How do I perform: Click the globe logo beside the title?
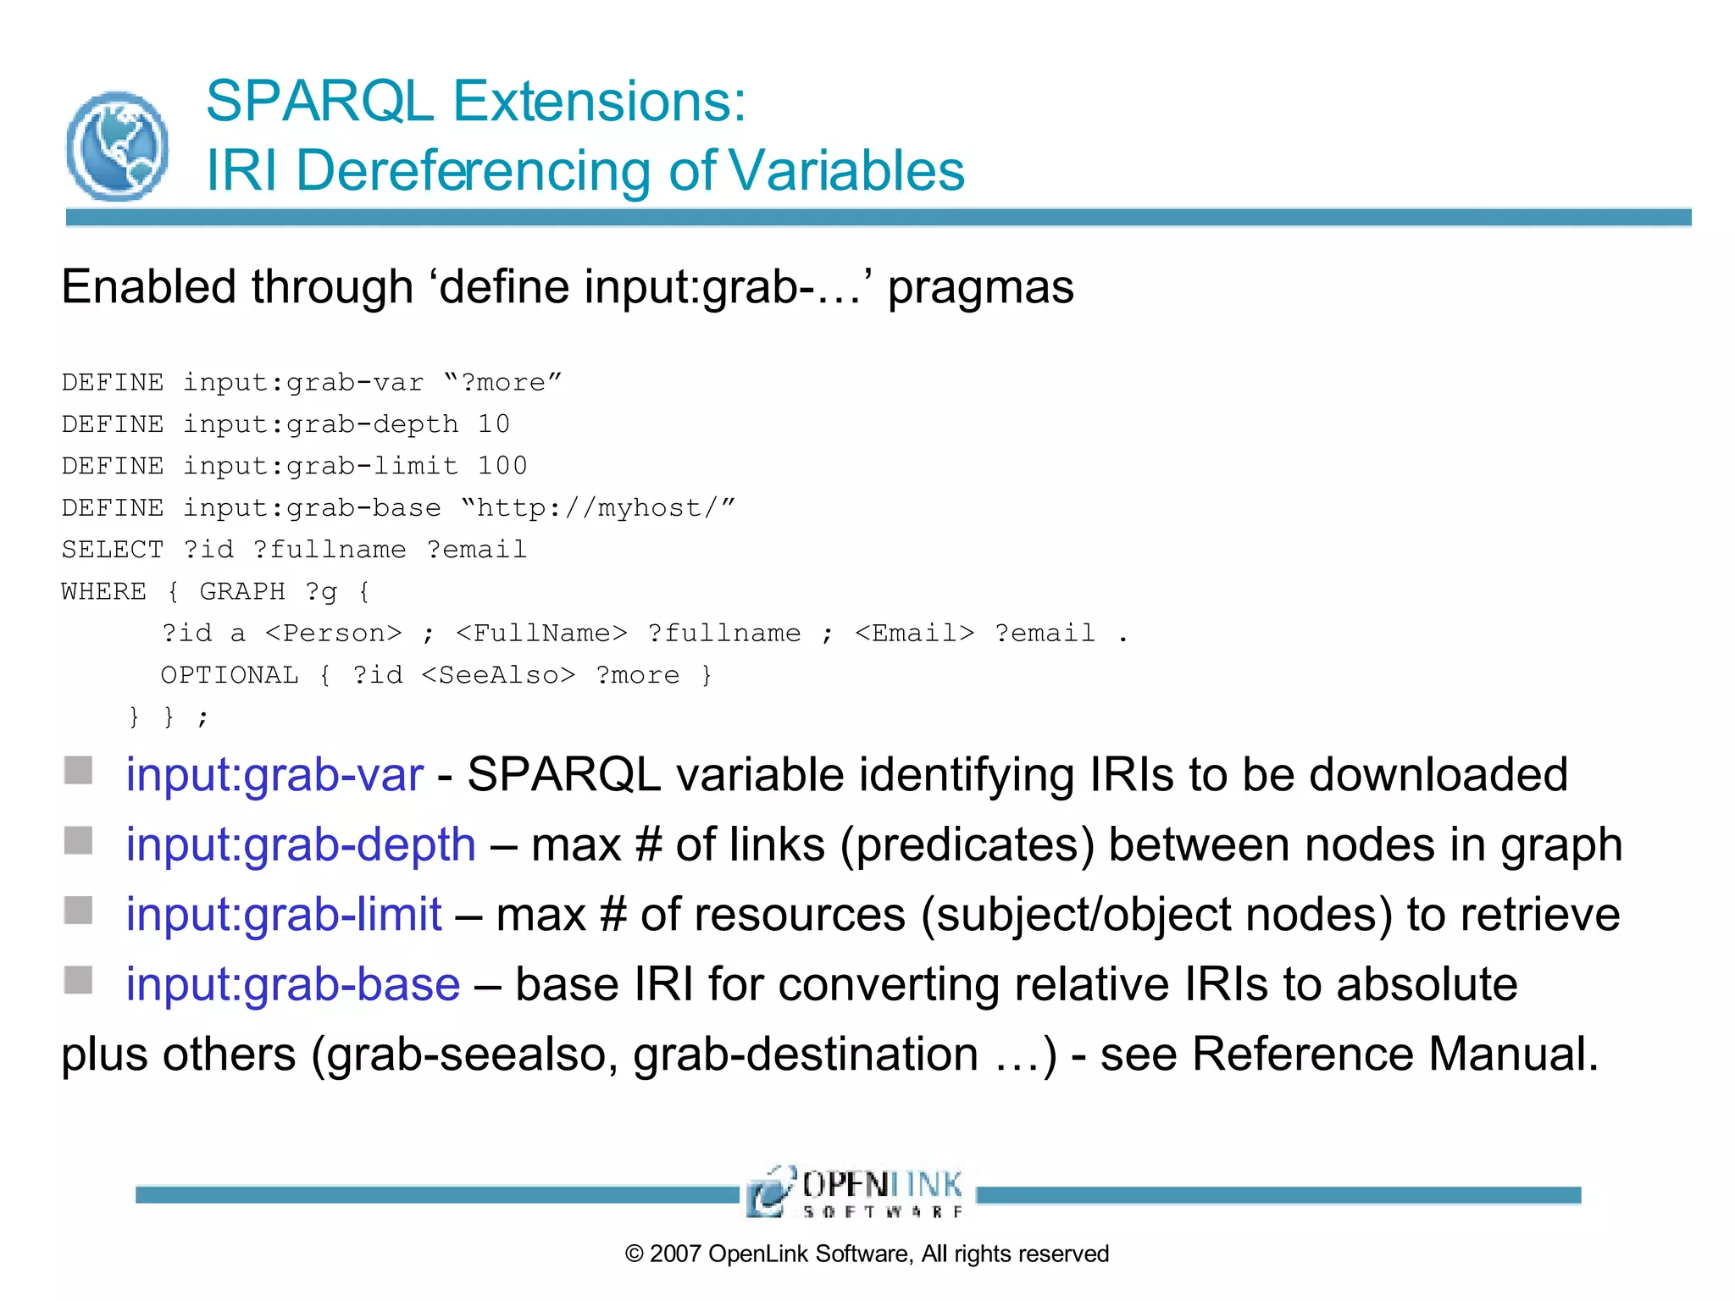[x=117, y=146]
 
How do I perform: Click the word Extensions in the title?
[x=599, y=102]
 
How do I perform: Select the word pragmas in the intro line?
[x=980, y=288]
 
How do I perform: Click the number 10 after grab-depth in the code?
[x=493, y=424]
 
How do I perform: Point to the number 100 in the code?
[x=502, y=466]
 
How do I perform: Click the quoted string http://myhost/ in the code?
[x=597, y=508]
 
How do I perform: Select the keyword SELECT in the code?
[x=112, y=550]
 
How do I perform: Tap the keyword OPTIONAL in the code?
[x=230, y=675]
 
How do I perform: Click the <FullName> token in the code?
[x=541, y=634]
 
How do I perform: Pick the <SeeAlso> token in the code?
[x=498, y=675]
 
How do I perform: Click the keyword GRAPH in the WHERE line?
[x=242, y=591]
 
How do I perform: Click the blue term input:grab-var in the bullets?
[x=274, y=775]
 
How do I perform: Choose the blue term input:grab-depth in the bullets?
[x=301, y=845]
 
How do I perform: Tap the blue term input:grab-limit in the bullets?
[x=284, y=915]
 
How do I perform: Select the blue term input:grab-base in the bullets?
[x=293, y=984]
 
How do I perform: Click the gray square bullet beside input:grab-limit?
[x=79, y=911]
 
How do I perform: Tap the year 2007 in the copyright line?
[x=675, y=1254]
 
